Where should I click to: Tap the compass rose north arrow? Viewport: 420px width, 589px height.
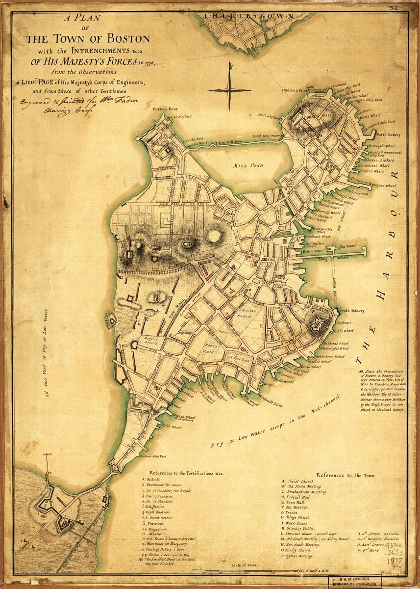coord(229,90)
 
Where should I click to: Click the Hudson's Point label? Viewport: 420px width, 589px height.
coord(294,90)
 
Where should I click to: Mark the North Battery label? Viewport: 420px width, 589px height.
coord(389,134)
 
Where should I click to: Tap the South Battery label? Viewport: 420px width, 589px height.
coord(351,310)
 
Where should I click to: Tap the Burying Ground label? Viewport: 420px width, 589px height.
coord(151,341)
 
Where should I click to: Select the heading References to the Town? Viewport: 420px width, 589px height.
coord(346,475)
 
